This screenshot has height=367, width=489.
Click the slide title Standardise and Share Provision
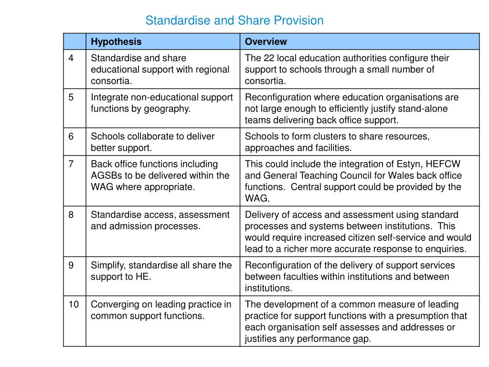[234, 21]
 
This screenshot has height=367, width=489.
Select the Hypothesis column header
[116, 42]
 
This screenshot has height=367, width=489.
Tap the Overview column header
[266, 42]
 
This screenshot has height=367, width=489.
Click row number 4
[71, 58]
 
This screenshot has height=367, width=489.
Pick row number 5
[71, 97]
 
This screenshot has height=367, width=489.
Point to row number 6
[71, 137]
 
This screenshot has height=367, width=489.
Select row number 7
[71, 164]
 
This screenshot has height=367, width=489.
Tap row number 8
[71, 215]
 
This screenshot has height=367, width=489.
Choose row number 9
[71, 266]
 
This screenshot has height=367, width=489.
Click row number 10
[73, 305]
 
